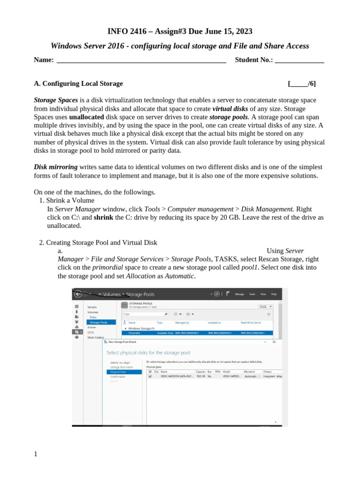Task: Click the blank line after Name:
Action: [x=141, y=60]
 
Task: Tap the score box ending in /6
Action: [x=302, y=83]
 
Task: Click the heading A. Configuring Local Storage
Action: [x=78, y=83]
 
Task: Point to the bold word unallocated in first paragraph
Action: [x=86, y=117]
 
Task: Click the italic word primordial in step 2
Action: [x=107, y=267]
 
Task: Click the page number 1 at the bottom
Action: [x=35, y=454]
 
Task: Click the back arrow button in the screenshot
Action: [x=78, y=294]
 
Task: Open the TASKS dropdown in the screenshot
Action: [x=265, y=306]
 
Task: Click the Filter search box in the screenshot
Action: [x=144, y=314]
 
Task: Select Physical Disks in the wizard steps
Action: [x=118, y=372]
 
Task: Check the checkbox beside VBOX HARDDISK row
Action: [x=150, y=376]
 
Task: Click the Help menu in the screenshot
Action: [x=274, y=294]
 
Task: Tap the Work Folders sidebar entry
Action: [x=96, y=337]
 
